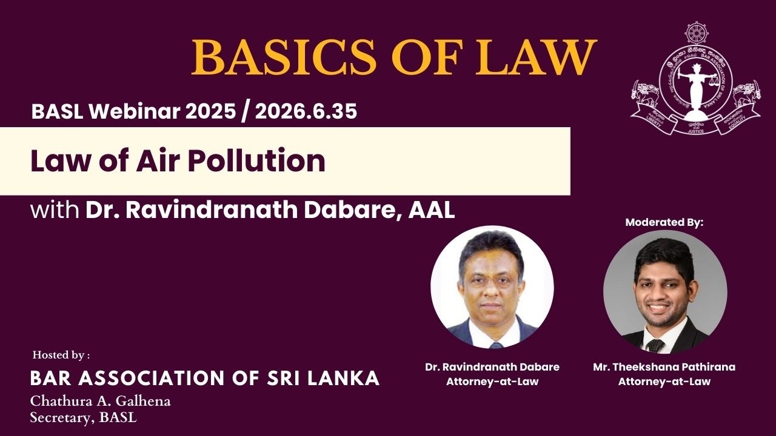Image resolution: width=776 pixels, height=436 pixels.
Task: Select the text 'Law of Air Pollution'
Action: click(x=178, y=162)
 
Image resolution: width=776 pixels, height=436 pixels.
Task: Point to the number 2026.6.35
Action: click(x=306, y=111)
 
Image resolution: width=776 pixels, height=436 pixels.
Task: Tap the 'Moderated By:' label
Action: click(x=664, y=223)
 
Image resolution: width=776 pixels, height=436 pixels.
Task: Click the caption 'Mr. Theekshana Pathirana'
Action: click(x=664, y=367)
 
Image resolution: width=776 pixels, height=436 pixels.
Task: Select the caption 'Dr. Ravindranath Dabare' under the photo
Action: click(x=492, y=367)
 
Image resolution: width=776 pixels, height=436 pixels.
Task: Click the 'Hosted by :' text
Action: click(x=61, y=355)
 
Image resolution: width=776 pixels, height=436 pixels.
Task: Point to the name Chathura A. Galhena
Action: click(x=101, y=401)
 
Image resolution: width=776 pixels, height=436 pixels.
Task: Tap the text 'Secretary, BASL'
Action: click(x=83, y=417)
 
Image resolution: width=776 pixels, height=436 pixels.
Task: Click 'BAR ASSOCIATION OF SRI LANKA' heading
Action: click(x=205, y=378)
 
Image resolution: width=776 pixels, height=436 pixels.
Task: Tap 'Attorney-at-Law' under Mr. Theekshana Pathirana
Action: click(x=664, y=381)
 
